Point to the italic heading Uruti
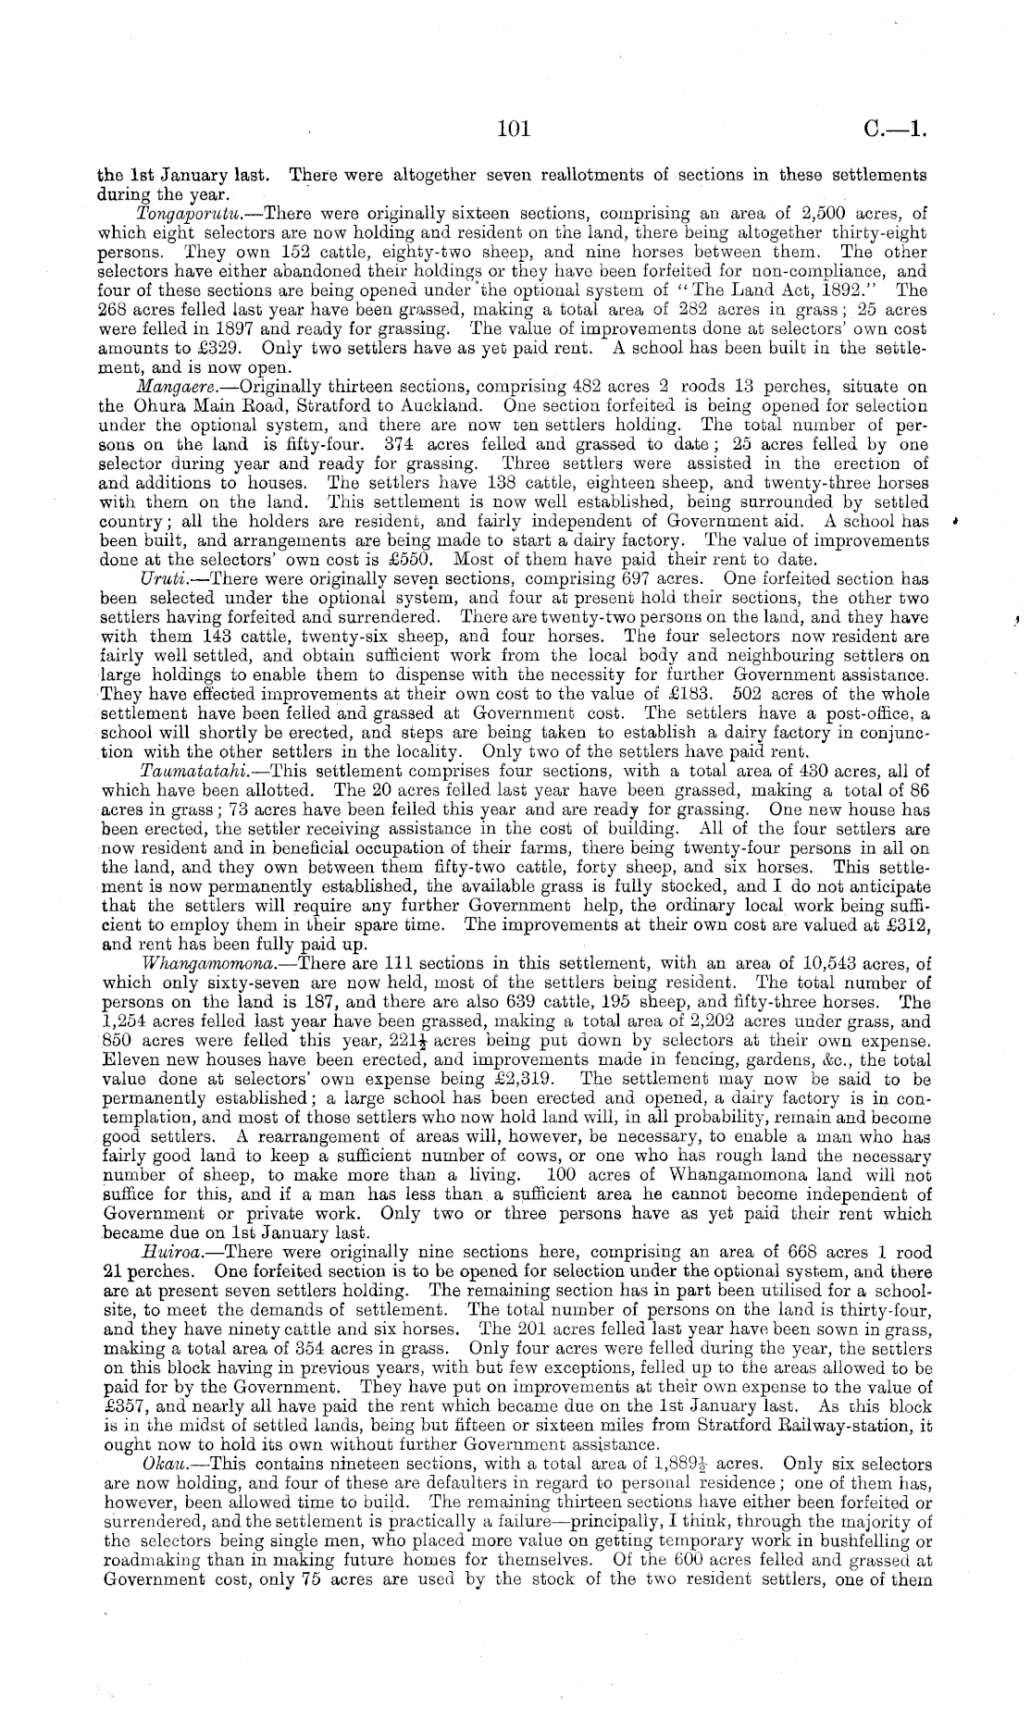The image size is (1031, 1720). (158, 579)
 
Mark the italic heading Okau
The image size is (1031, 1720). (164, 1464)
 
